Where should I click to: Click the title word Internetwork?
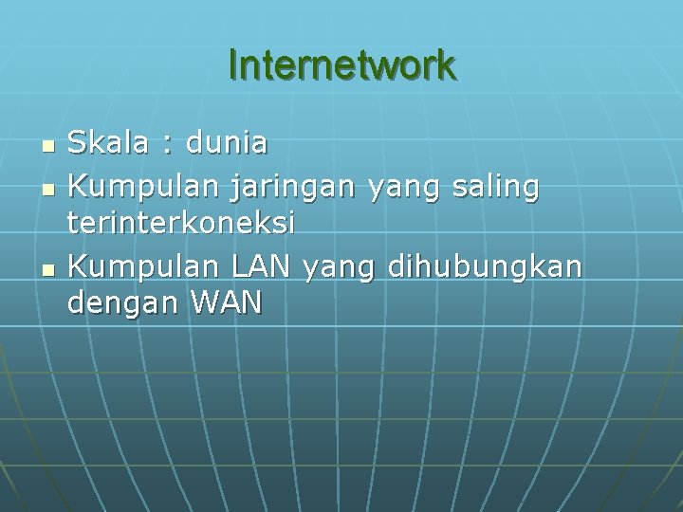coord(341,65)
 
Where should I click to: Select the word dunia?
coord(227,143)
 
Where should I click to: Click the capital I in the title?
coord(233,65)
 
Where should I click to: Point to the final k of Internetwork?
coord(448,65)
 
